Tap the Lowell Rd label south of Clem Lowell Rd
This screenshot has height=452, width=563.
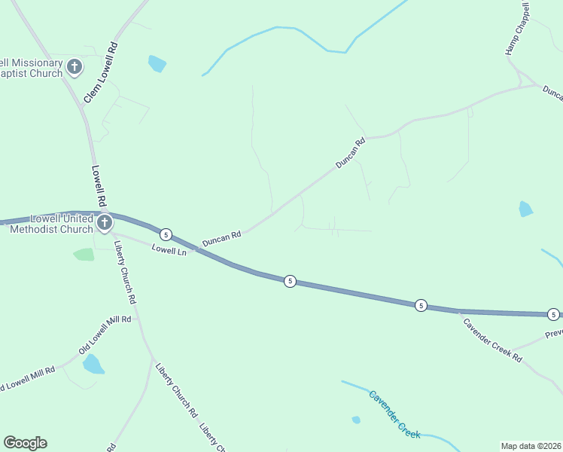(x=98, y=186)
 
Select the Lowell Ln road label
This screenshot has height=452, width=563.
(x=169, y=250)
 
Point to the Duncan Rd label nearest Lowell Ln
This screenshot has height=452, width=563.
(x=221, y=238)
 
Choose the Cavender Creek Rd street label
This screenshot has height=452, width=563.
(x=491, y=340)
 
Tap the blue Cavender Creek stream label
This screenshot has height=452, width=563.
(x=394, y=414)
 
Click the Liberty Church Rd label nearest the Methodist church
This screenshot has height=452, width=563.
(x=125, y=271)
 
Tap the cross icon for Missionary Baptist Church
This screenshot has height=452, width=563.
(x=75, y=67)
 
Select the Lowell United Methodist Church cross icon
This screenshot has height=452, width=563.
(x=104, y=222)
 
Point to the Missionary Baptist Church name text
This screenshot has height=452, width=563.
(x=30, y=68)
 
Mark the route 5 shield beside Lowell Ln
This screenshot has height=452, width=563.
(x=166, y=234)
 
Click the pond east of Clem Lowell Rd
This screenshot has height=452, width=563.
(x=157, y=63)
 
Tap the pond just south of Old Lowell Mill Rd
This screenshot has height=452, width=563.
(x=93, y=365)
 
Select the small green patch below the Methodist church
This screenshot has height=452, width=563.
(x=84, y=255)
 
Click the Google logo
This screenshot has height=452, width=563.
(x=25, y=443)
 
